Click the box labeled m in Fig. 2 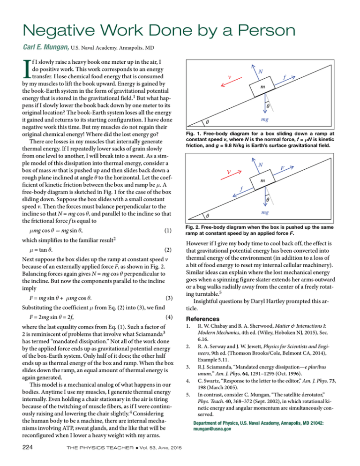click(263, 180)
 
